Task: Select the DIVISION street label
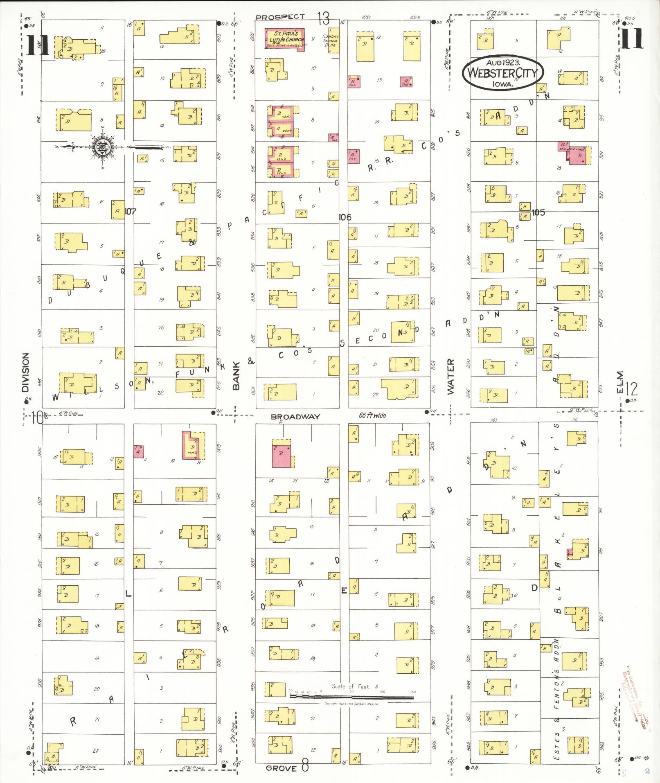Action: tap(25, 372)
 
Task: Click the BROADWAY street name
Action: tap(295, 417)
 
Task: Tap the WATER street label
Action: tap(451, 376)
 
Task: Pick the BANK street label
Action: tap(236, 375)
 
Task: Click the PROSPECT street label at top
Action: tap(280, 17)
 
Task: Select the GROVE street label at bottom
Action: tap(281, 768)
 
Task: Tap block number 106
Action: tap(345, 217)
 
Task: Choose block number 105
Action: tap(538, 212)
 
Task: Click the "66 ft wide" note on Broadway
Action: tap(372, 415)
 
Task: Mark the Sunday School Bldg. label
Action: tap(330, 40)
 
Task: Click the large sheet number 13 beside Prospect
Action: tap(323, 18)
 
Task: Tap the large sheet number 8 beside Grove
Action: tap(305, 766)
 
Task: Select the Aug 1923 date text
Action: tap(503, 63)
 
